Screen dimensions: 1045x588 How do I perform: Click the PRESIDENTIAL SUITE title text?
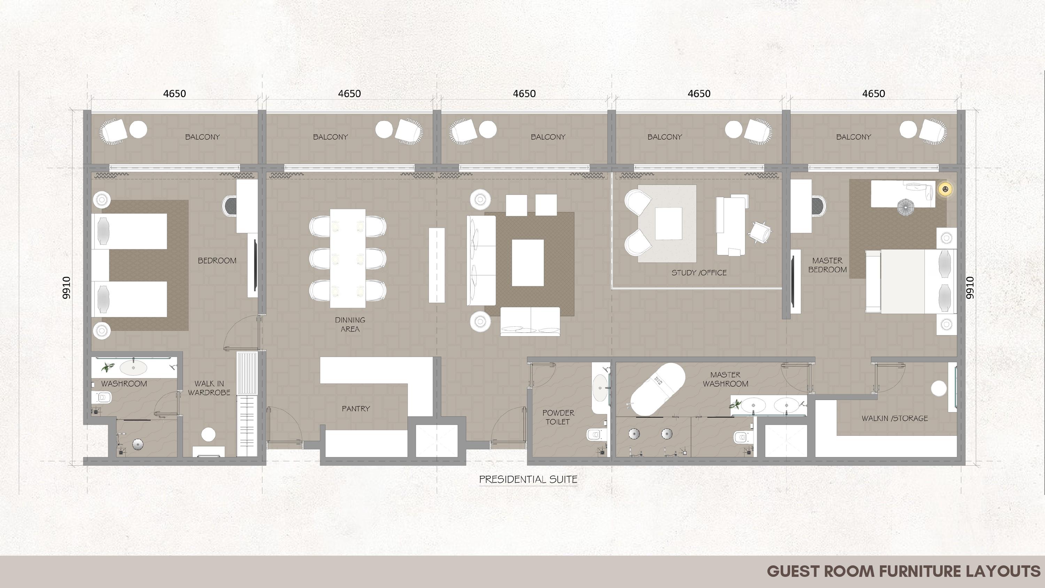pyautogui.click(x=528, y=479)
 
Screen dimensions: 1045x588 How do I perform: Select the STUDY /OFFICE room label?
pyautogui.click(x=699, y=273)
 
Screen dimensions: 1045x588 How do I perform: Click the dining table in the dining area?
pyautogui.click(x=348, y=258)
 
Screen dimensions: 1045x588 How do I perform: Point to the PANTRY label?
pyautogui.click(x=356, y=409)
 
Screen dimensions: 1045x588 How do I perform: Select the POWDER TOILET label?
pyautogui.click(x=558, y=417)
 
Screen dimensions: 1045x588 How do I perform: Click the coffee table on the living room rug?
pyautogui.click(x=527, y=263)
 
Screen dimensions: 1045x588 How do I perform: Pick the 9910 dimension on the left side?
pyautogui.click(x=67, y=288)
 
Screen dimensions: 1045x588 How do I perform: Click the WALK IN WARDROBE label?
pyautogui.click(x=209, y=388)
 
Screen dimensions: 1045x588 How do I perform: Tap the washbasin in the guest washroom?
pyautogui.click(x=133, y=368)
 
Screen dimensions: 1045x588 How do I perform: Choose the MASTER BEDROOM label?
pyautogui.click(x=828, y=265)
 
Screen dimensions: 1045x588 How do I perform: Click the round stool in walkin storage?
pyautogui.click(x=939, y=388)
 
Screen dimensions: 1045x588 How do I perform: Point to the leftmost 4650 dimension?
pyautogui.click(x=175, y=94)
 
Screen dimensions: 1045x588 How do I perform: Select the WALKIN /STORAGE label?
pyautogui.click(x=895, y=418)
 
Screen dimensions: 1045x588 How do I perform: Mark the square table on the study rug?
pyautogui.click(x=668, y=224)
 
